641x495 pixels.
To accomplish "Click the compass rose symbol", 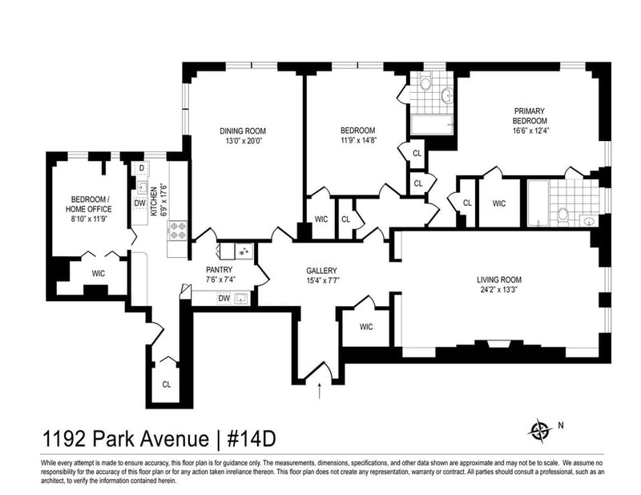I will (x=538, y=430).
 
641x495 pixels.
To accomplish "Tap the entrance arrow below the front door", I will (x=320, y=391).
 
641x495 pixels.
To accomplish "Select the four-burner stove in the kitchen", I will (x=176, y=231).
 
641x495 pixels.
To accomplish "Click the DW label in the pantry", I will (x=224, y=299).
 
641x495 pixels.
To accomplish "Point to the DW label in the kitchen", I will (x=139, y=203).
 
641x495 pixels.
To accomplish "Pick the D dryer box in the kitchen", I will (x=141, y=168).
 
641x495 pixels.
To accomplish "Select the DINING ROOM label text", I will (x=243, y=131).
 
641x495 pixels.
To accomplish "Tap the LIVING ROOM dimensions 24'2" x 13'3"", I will (x=498, y=291).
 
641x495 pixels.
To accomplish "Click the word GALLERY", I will (x=321, y=270).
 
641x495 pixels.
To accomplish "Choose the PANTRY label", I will (x=219, y=270).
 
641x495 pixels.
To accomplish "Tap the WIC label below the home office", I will (x=98, y=273).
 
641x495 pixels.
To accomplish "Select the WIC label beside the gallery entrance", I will (x=366, y=326).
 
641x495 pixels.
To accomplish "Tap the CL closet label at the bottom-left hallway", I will (x=167, y=384).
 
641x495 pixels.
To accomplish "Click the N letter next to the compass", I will (x=560, y=425).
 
